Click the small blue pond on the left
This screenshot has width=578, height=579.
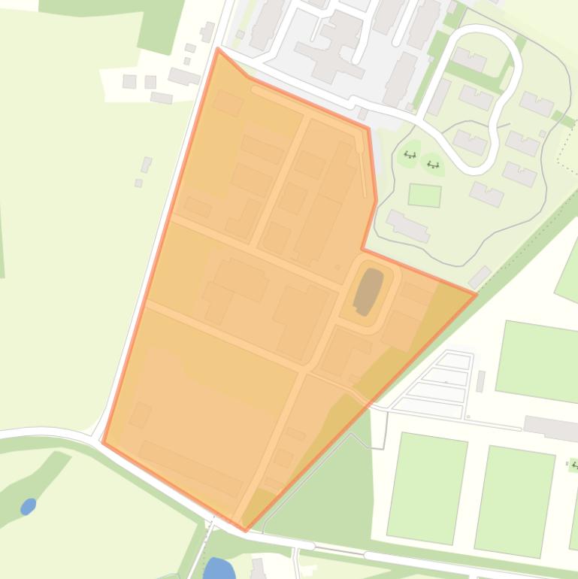tap(28, 506)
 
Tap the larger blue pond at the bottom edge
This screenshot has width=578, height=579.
tap(219, 568)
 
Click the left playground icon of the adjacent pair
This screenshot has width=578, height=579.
tap(410, 155)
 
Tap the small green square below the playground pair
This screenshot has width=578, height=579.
tap(425, 196)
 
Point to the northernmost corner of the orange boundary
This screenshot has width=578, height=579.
tap(218, 49)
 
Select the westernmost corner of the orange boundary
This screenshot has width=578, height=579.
tap(102, 443)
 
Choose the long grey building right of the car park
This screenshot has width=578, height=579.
tap(551, 428)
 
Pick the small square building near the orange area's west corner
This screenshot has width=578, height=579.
tap(140, 414)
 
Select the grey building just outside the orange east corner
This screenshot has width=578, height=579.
tap(480, 277)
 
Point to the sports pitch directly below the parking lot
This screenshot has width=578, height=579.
tap(428, 487)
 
